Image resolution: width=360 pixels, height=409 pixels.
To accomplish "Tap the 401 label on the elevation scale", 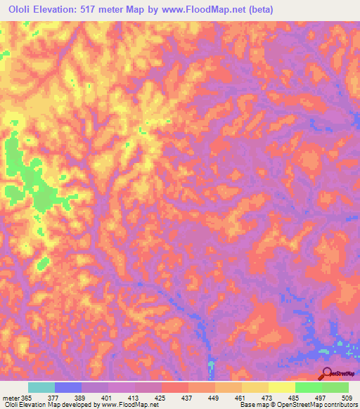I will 105,397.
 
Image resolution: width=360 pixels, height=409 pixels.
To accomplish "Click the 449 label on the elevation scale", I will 212,397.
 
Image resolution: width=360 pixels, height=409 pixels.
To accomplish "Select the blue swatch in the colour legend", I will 67,387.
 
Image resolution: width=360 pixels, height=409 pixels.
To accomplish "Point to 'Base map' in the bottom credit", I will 251,405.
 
